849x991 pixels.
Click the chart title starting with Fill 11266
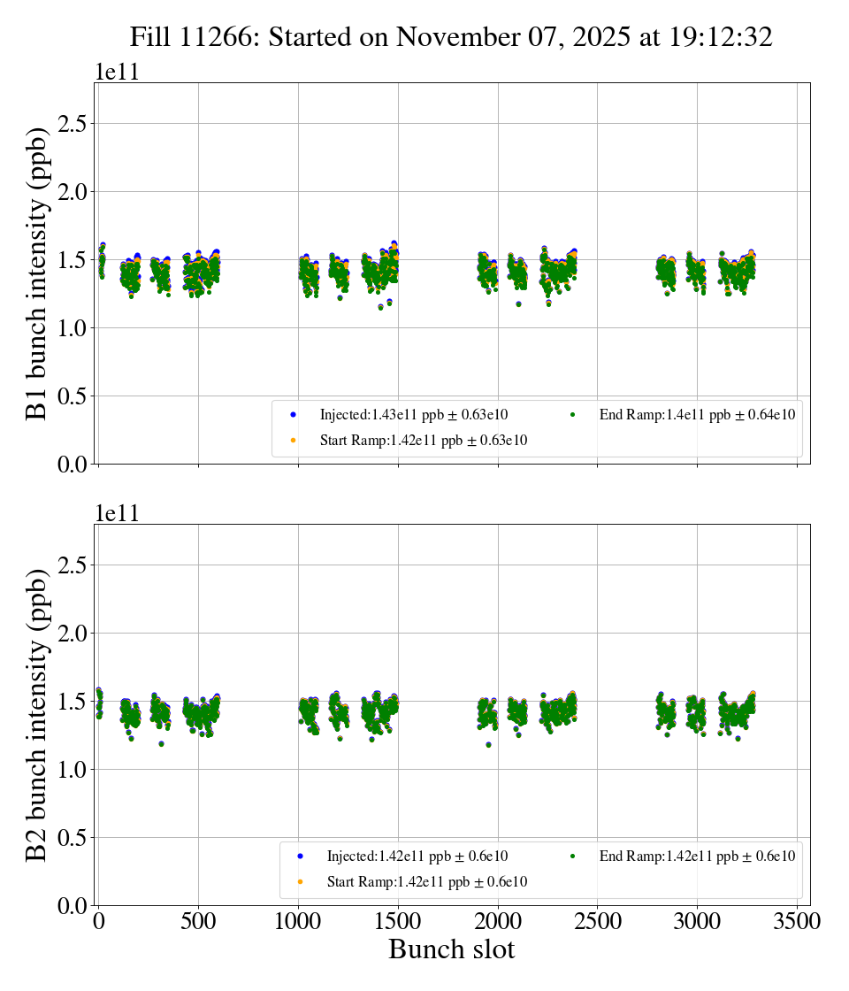point(451,37)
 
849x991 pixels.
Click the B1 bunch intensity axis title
point(36,273)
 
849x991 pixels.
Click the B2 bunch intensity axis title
point(36,715)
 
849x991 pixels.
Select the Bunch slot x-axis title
point(451,950)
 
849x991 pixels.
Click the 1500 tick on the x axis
point(398,922)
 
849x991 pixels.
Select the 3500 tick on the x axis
point(797,922)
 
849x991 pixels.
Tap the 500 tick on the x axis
point(198,922)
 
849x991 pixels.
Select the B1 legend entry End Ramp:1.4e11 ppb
point(697,414)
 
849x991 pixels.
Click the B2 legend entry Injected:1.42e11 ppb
point(417,856)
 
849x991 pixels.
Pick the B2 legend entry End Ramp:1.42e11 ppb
point(697,856)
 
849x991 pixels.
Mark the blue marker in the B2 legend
point(300,857)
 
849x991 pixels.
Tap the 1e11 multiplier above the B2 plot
point(117,514)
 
